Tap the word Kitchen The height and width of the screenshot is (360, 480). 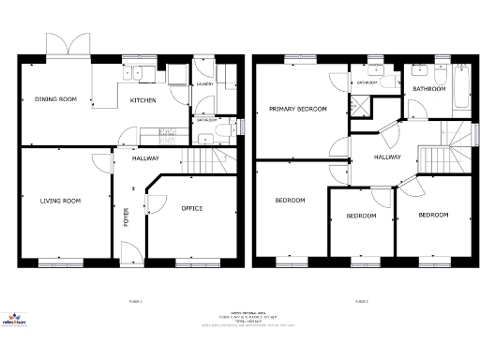tap(142, 99)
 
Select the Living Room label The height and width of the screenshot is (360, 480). tap(58, 200)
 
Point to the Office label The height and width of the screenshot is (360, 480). tap(190, 208)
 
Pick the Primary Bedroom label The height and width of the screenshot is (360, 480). tap(297, 109)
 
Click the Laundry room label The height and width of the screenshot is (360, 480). tap(205, 84)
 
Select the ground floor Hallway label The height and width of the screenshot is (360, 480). tap(144, 158)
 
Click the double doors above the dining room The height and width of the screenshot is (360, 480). tap(64, 48)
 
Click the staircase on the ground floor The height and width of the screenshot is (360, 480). tap(202, 159)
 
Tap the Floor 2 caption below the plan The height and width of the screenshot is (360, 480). tap(360, 301)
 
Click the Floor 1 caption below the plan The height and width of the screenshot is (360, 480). tap(134, 301)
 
